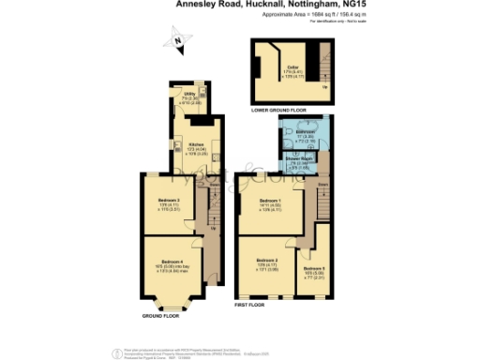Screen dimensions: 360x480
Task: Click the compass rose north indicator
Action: [x=175, y=40]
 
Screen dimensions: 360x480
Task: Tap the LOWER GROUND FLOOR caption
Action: [x=278, y=111]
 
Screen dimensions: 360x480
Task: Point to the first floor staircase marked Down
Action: [x=324, y=195]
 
